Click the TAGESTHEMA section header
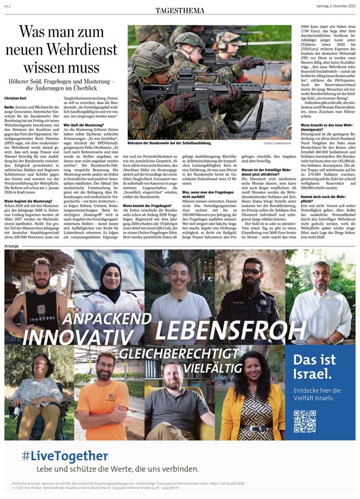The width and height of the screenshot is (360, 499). click(x=180, y=11)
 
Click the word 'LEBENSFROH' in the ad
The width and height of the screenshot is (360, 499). click(x=221, y=330)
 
